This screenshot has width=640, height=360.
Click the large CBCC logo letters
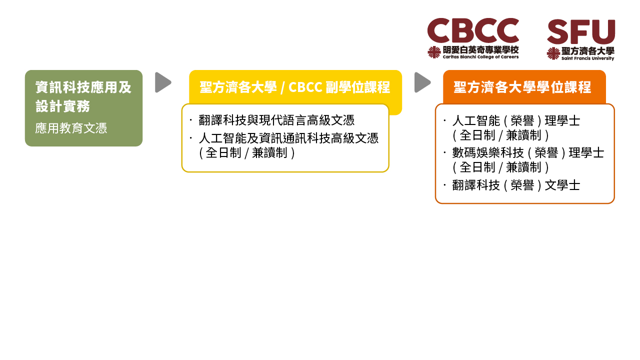pyautogui.click(x=473, y=30)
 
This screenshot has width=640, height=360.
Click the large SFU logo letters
pyautogui.click(x=581, y=31)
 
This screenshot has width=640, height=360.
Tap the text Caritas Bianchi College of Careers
pyautogui.click(x=480, y=57)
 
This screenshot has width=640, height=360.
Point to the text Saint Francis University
pyautogui.click(x=587, y=58)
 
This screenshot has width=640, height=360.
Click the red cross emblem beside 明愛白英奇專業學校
pyautogui.click(x=434, y=52)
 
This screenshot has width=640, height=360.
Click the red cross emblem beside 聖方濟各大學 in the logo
pyautogui.click(x=553, y=53)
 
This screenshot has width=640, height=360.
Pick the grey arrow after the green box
pyautogui.click(x=163, y=82)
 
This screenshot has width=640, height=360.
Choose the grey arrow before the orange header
pyautogui.click(x=422, y=82)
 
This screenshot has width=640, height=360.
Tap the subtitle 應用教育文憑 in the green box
pyautogui.click(x=71, y=128)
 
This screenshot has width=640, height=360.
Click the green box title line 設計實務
pyautogui.click(x=63, y=106)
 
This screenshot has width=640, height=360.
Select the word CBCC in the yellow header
pyautogui.click(x=305, y=87)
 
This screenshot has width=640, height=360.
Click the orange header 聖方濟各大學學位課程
pyautogui.click(x=522, y=87)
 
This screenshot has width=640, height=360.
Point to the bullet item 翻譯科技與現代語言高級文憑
pyautogui.click(x=276, y=120)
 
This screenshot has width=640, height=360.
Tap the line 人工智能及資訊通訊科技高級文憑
pyautogui.click(x=288, y=138)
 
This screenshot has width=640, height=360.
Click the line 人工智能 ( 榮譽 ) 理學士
pyautogui.click(x=516, y=121)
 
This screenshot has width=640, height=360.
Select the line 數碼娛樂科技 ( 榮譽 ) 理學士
pyautogui.click(x=528, y=153)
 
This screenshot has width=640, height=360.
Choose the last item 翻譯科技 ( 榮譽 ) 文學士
pyautogui.click(x=516, y=185)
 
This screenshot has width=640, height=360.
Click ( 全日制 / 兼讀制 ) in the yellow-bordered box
pyautogui.click(x=247, y=153)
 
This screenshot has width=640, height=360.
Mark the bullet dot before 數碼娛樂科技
pyautogui.click(x=445, y=152)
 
